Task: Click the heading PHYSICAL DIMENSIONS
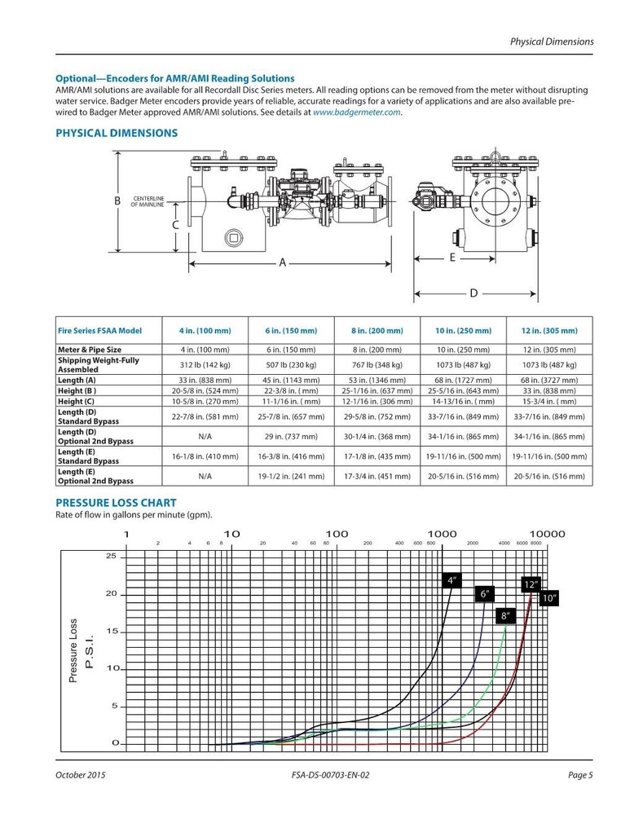(x=117, y=133)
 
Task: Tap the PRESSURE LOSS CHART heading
(x=116, y=503)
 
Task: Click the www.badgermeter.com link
(x=357, y=113)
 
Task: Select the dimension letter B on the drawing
(x=117, y=200)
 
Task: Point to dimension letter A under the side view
(x=283, y=262)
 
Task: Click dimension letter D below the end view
(x=473, y=293)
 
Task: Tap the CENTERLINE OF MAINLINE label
(x=148, y=202)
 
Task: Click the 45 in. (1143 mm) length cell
(x=290, y=380)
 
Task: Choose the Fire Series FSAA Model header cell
(x=99, y=331)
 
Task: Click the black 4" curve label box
(x=452, y=580)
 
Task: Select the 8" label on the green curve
(x=505, y=616)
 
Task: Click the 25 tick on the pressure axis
(x=112, y=557)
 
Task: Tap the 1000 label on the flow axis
(x=441, y=534)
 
